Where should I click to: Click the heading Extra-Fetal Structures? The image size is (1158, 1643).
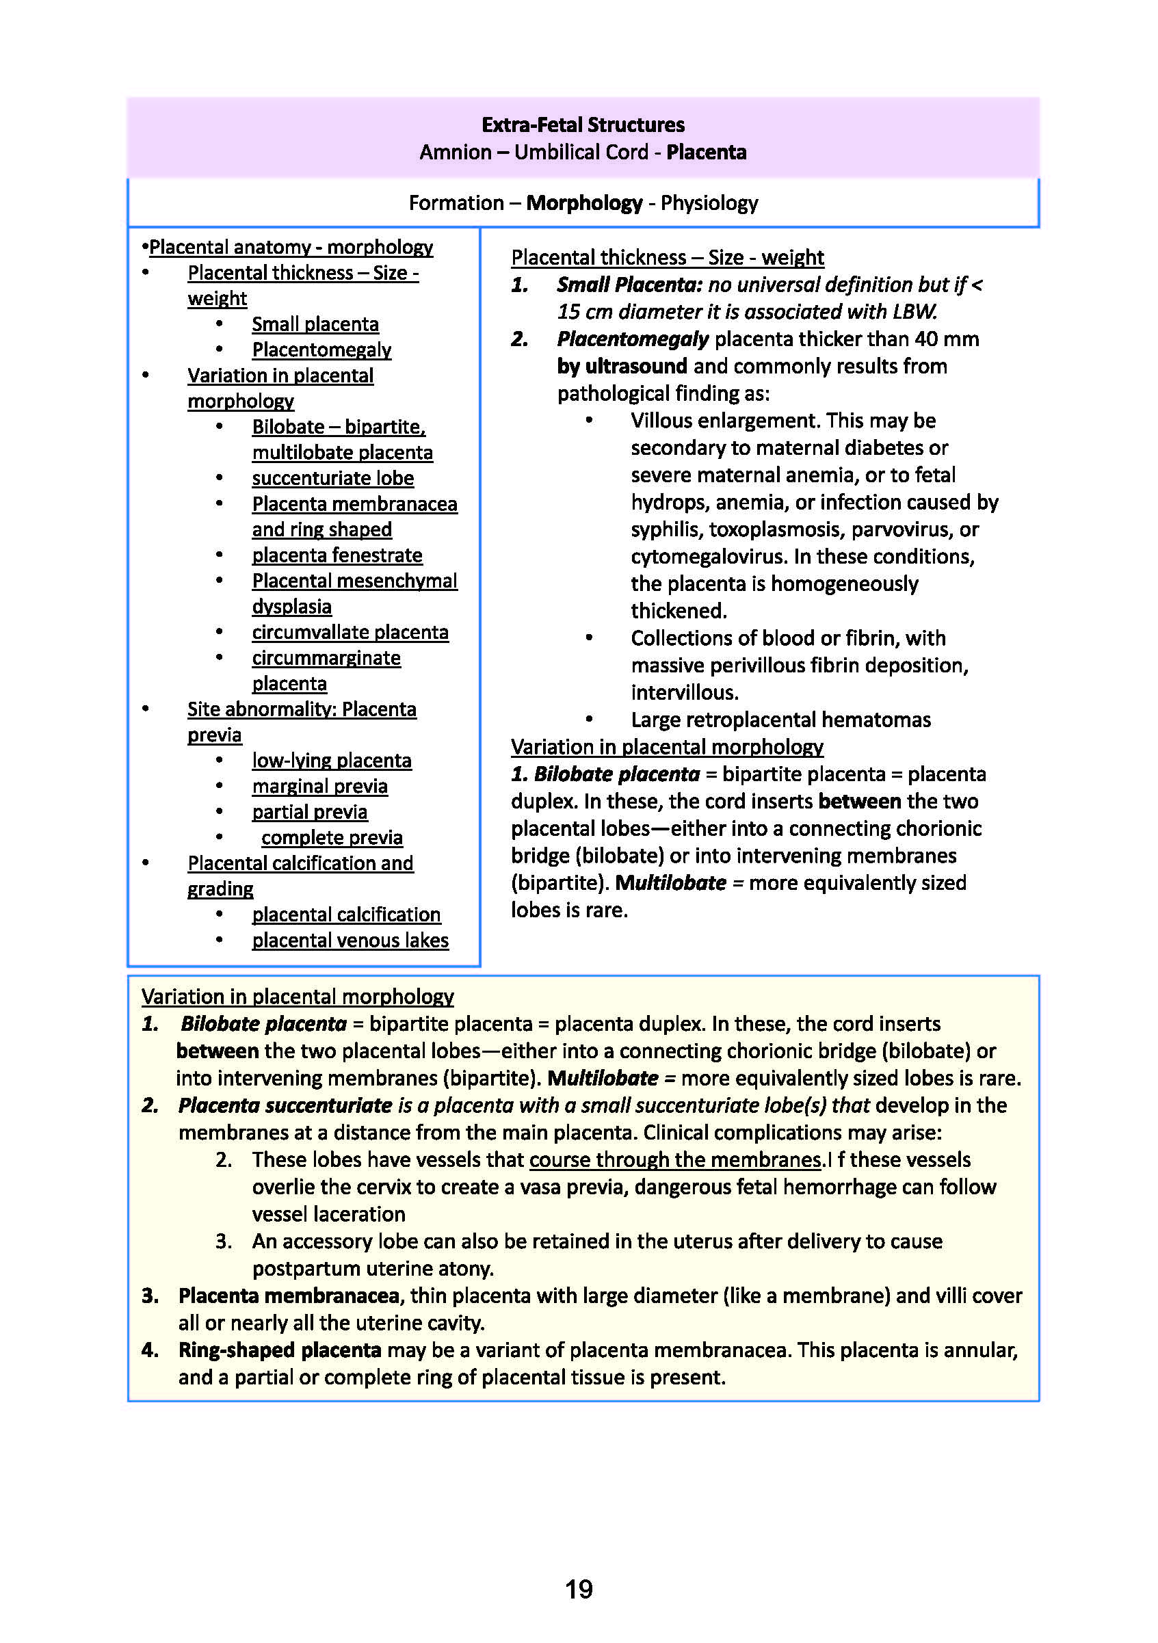click(583, 124)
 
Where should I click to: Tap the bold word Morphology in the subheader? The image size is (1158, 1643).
click(584, 203)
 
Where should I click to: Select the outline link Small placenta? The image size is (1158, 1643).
click(315, 324)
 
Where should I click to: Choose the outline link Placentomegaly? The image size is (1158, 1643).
click(321, 350)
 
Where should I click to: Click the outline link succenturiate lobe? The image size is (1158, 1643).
click(333, 478)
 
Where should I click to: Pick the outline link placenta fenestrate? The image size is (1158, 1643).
click(337, 555)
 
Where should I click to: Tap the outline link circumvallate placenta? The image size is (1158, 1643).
click(350, 633)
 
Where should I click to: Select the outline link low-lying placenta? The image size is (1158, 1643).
click(331, 761)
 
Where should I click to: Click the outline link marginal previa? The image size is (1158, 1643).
click(319, 787)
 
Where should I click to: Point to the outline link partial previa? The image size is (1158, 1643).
click(309, 812)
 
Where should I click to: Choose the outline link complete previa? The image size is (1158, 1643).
click(332, 838)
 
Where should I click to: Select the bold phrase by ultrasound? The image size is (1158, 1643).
click(622, 367)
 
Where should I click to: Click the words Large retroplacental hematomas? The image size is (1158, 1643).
click(780, 720)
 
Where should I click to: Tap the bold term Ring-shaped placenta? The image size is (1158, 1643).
click(280, 1350)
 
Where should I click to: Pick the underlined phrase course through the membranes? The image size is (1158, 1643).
click(676, 1160)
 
